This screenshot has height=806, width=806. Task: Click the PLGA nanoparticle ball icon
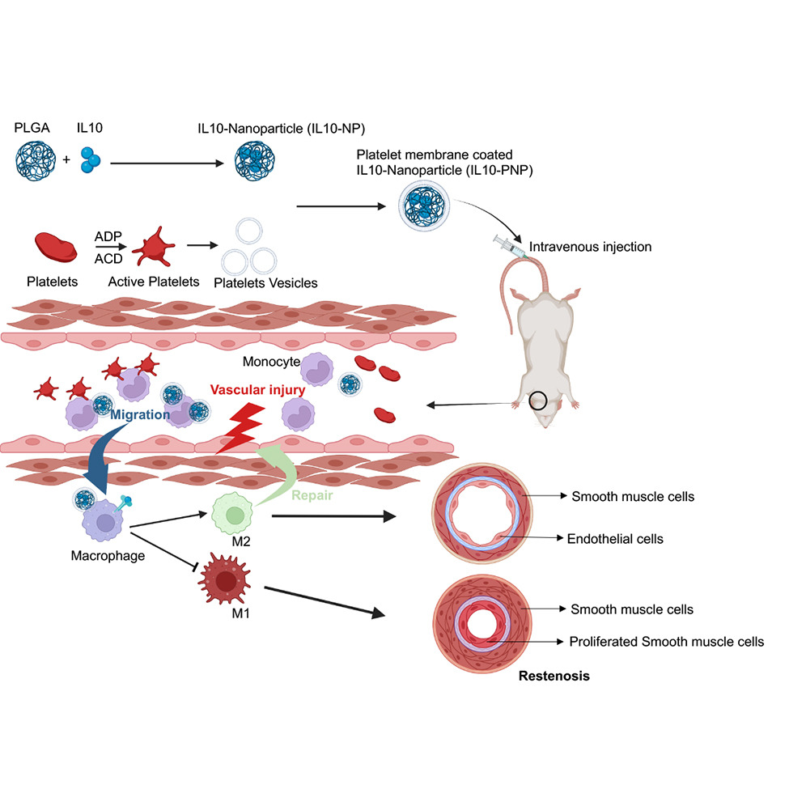34,158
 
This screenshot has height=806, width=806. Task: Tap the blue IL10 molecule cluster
91,158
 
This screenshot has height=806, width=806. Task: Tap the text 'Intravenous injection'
589,246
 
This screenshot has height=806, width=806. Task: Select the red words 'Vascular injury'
257,389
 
